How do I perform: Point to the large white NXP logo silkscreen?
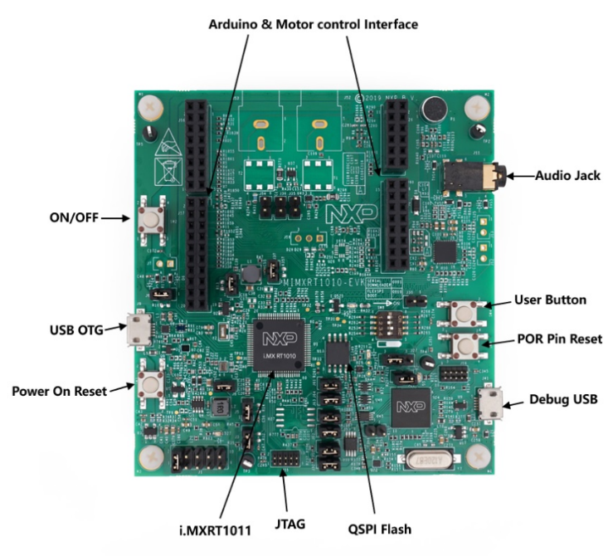pos(351,214)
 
